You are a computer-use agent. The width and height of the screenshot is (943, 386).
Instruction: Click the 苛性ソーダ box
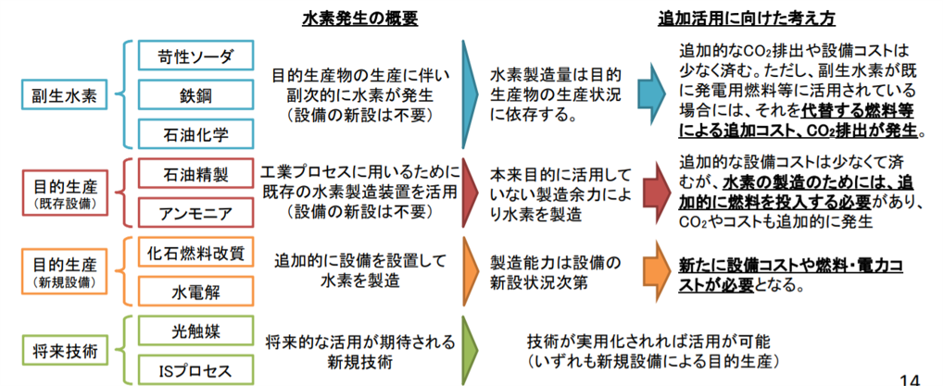click(x=195, y=57)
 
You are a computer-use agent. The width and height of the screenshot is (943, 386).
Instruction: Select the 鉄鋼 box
click(x=195, y=95)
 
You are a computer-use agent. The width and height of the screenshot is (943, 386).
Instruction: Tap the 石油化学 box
click(x=195, y=133)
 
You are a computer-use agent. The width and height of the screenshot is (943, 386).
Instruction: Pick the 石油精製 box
click(x=195, y=175)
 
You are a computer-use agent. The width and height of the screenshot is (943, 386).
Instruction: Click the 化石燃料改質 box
click(x=195, y=255)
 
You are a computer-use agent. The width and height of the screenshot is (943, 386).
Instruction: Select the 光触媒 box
click(x=195, y=332)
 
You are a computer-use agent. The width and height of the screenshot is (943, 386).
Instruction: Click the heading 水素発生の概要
click(x=359, y=19)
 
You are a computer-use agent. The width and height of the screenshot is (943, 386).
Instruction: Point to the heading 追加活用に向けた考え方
click(x=747, y=19)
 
